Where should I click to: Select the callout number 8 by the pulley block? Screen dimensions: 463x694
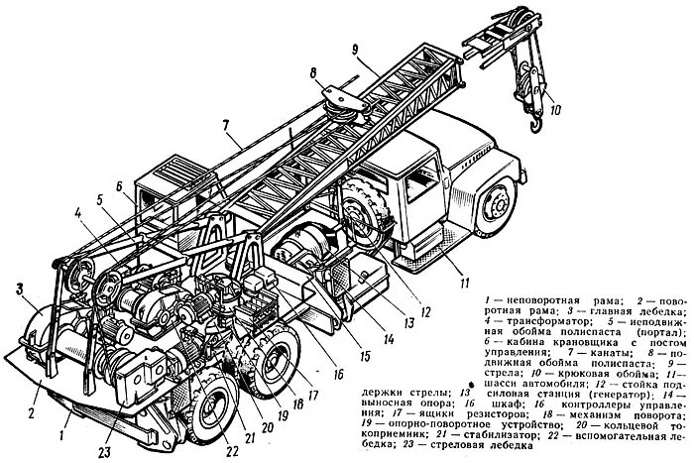pos(313,71)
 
